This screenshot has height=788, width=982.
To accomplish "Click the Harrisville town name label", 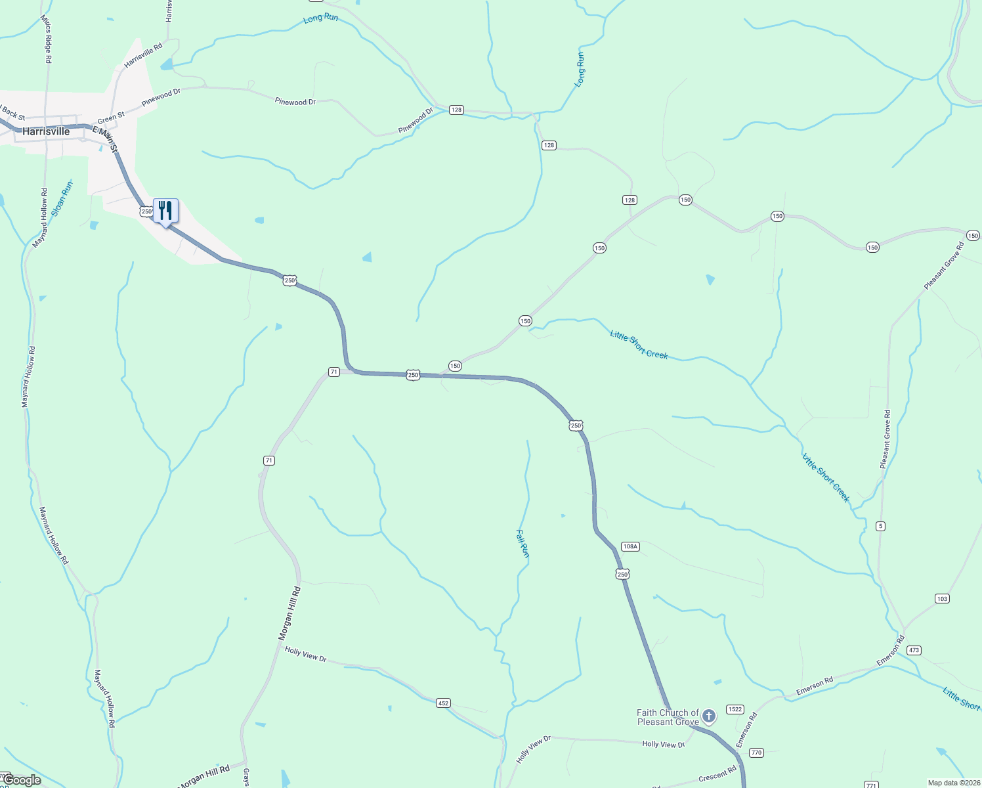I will click(x=46, y=131).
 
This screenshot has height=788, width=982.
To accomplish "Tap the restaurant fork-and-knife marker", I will click(x=165, y=211).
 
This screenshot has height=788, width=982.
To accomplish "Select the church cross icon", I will click(x=708, y=715).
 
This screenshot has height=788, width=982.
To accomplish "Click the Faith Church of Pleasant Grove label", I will click(x=668, y=717).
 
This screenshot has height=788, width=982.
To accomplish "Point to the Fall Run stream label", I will click(x=523, y=544).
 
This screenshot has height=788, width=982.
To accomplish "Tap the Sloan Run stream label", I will click(x=62, y=198).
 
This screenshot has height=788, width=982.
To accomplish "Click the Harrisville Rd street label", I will click(x=143, y=56).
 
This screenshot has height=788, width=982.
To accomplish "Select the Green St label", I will click(x=111, y=118).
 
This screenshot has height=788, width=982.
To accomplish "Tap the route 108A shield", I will click(x=630, y=546).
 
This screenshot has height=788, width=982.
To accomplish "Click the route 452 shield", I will click(x=443, y=703).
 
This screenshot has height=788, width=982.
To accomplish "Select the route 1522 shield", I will click(x=735, y=709).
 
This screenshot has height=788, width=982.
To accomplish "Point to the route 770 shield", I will click(x=756, y=753).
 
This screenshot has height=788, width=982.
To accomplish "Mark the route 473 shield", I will click(x=914, y=650).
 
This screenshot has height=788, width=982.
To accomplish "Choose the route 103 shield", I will click(x=942, y=598).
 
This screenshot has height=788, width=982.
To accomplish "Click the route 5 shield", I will click(x=881, y=525).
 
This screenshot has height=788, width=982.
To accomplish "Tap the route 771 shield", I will click(x=871, y=785).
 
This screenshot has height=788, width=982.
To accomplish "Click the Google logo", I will click(x=22, y=780).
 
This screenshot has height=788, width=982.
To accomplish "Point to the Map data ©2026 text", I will click(x=953, y=783).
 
